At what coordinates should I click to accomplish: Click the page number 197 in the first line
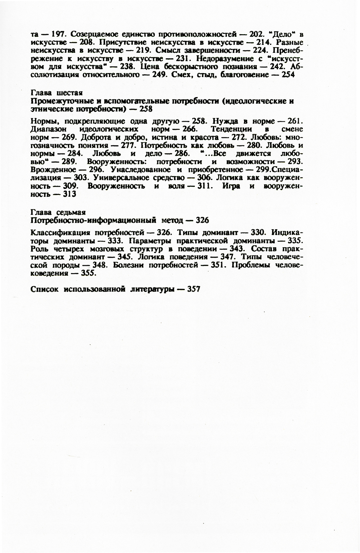point(57,35)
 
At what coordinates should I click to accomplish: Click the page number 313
point(69,194)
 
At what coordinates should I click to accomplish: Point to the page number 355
point(89,273)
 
